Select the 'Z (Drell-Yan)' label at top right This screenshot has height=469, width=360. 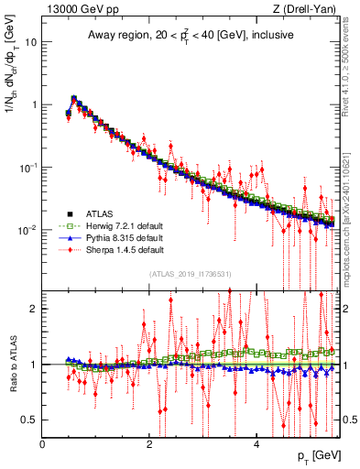302,8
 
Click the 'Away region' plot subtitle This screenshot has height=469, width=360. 188,36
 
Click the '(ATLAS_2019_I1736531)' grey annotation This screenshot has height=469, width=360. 190,274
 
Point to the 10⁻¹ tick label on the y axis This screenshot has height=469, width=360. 27,167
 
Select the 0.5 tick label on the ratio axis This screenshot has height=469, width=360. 29,420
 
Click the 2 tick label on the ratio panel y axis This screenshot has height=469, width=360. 34,309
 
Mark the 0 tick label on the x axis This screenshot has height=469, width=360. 43,444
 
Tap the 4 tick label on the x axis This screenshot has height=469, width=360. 256,444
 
